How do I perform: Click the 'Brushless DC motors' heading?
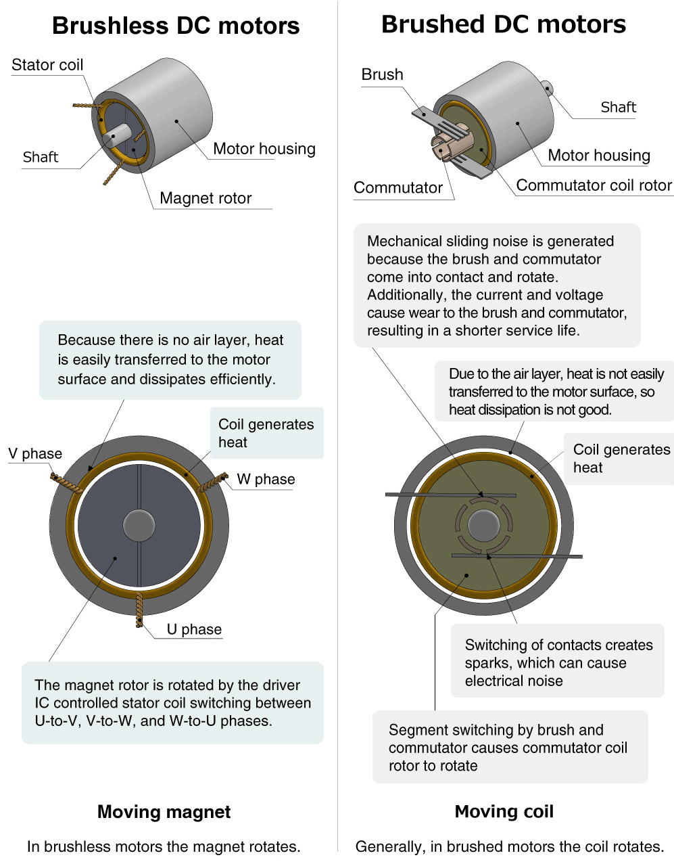[x=176, y=26]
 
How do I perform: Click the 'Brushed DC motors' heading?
[x=504, y=24]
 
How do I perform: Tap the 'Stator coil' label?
[x=47, y=65]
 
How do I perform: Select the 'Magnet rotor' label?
[x=206, y=198]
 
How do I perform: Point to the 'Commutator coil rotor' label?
[x=594, y=185]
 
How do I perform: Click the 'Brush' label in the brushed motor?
[x=382, y=74]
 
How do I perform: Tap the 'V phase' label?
[x=35, y=453]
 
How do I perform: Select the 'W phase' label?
[x=266, y=479]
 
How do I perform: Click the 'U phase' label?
[x=194, y=629]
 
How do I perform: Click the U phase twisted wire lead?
[x=139, y=610]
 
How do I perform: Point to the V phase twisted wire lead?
[x=66, y=483]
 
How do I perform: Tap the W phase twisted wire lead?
[x=213, y=483]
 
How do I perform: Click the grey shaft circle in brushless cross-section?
[x=139, y=525]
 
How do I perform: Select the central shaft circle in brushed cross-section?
[x=484, y=526]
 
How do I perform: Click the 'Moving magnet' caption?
[x=164, y=812]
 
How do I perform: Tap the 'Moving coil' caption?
[x=504, y=812]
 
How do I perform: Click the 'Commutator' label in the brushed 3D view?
[x=398, y=187]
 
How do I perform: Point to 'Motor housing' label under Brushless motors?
[x=264, y=149]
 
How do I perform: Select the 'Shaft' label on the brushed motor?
[x=618, y=107]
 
